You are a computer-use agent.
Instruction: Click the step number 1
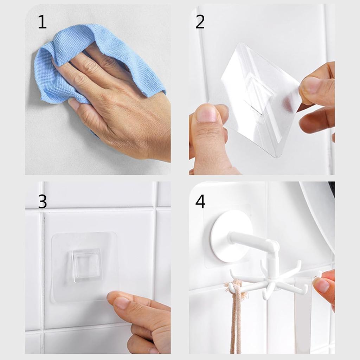tap(42, 22)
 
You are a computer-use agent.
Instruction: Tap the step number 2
tap(200, 22)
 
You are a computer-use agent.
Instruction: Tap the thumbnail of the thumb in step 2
tap(206, 114)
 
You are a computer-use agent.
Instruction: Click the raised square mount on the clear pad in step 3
tap(87, 264)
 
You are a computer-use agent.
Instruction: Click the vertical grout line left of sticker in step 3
tap(42, 267)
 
